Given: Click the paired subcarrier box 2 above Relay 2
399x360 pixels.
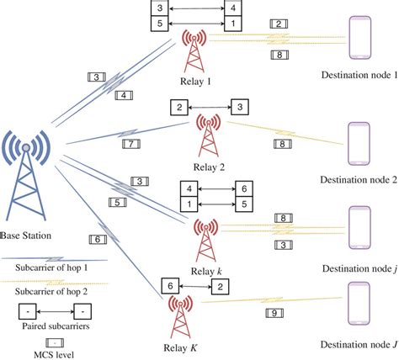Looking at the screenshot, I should (178, 108).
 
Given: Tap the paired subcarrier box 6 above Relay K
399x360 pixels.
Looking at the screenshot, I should (173, 287).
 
